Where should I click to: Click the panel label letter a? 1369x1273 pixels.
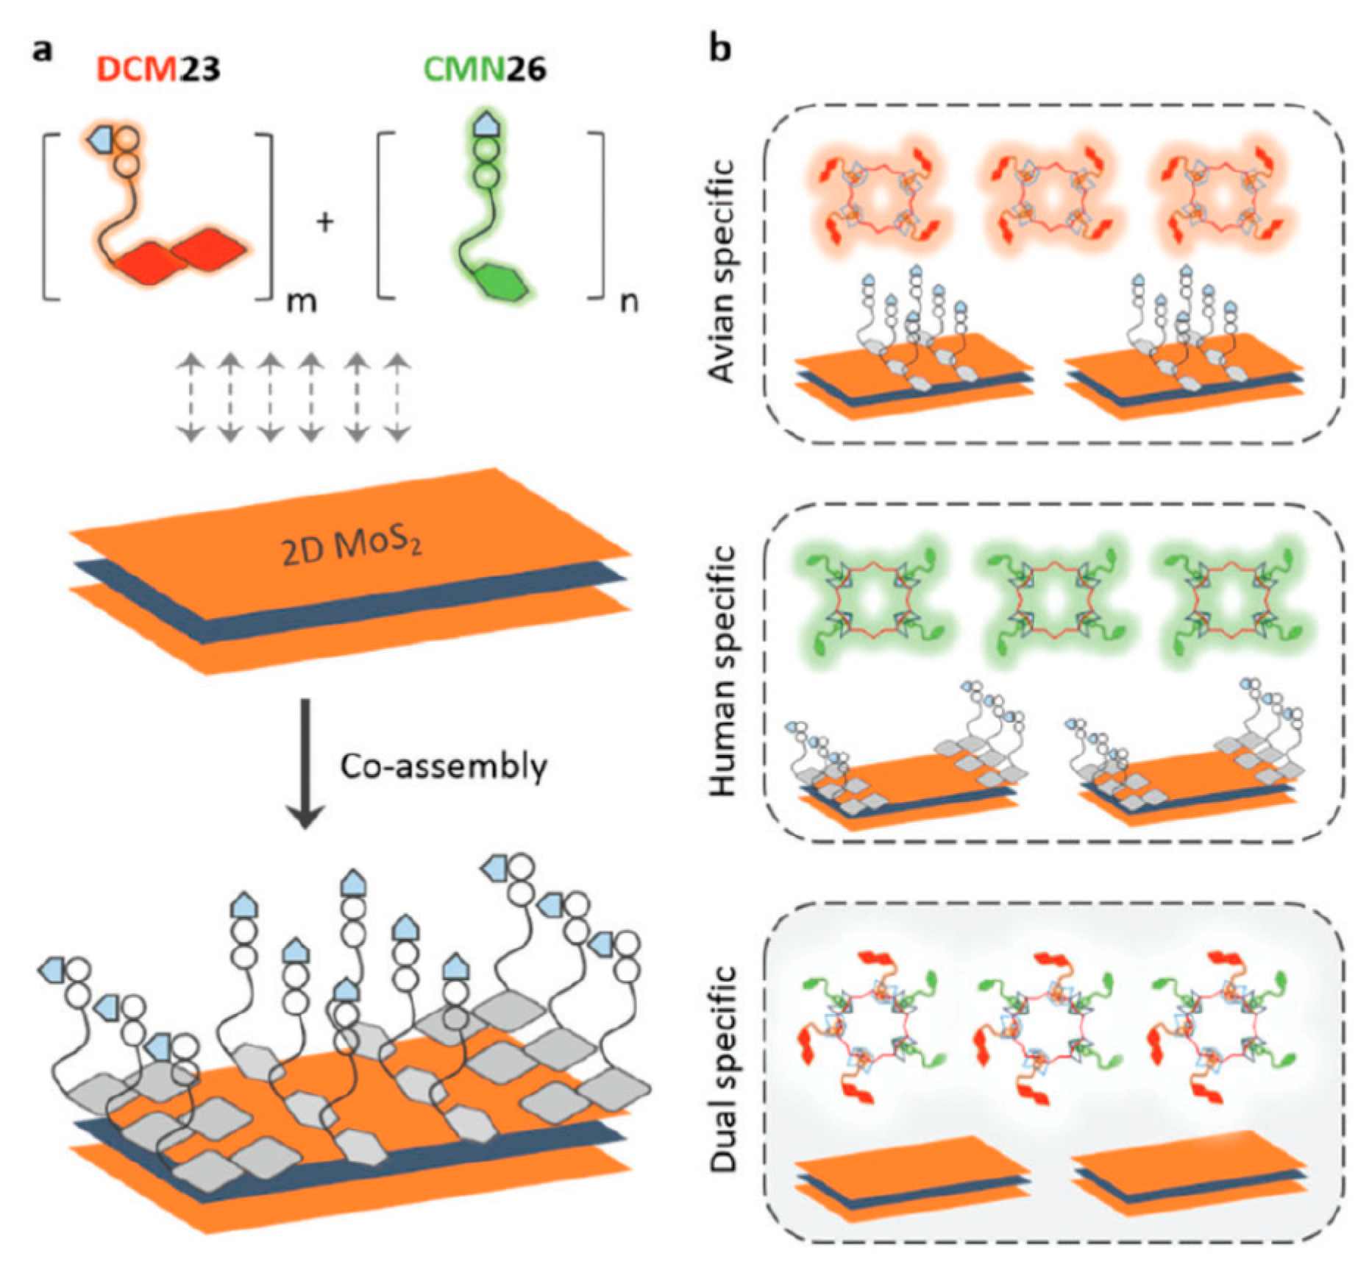[x=43, y=52]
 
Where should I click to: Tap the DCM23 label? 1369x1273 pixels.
[x=158, y=69]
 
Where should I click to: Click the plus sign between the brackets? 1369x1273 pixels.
[x=324, y=221]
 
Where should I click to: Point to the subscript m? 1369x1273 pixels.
[x=301, y=301]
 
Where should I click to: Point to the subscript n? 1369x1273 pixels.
[x=628, y=301]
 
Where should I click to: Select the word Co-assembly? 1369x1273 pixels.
[x=444, y=767]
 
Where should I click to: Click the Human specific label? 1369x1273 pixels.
[x=723, y=670]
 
